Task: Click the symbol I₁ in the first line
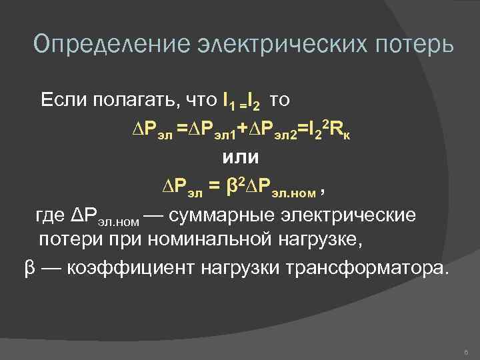[x=229, y=101]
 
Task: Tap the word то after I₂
[x=279, y=100]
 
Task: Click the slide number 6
[x=467, y=350]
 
